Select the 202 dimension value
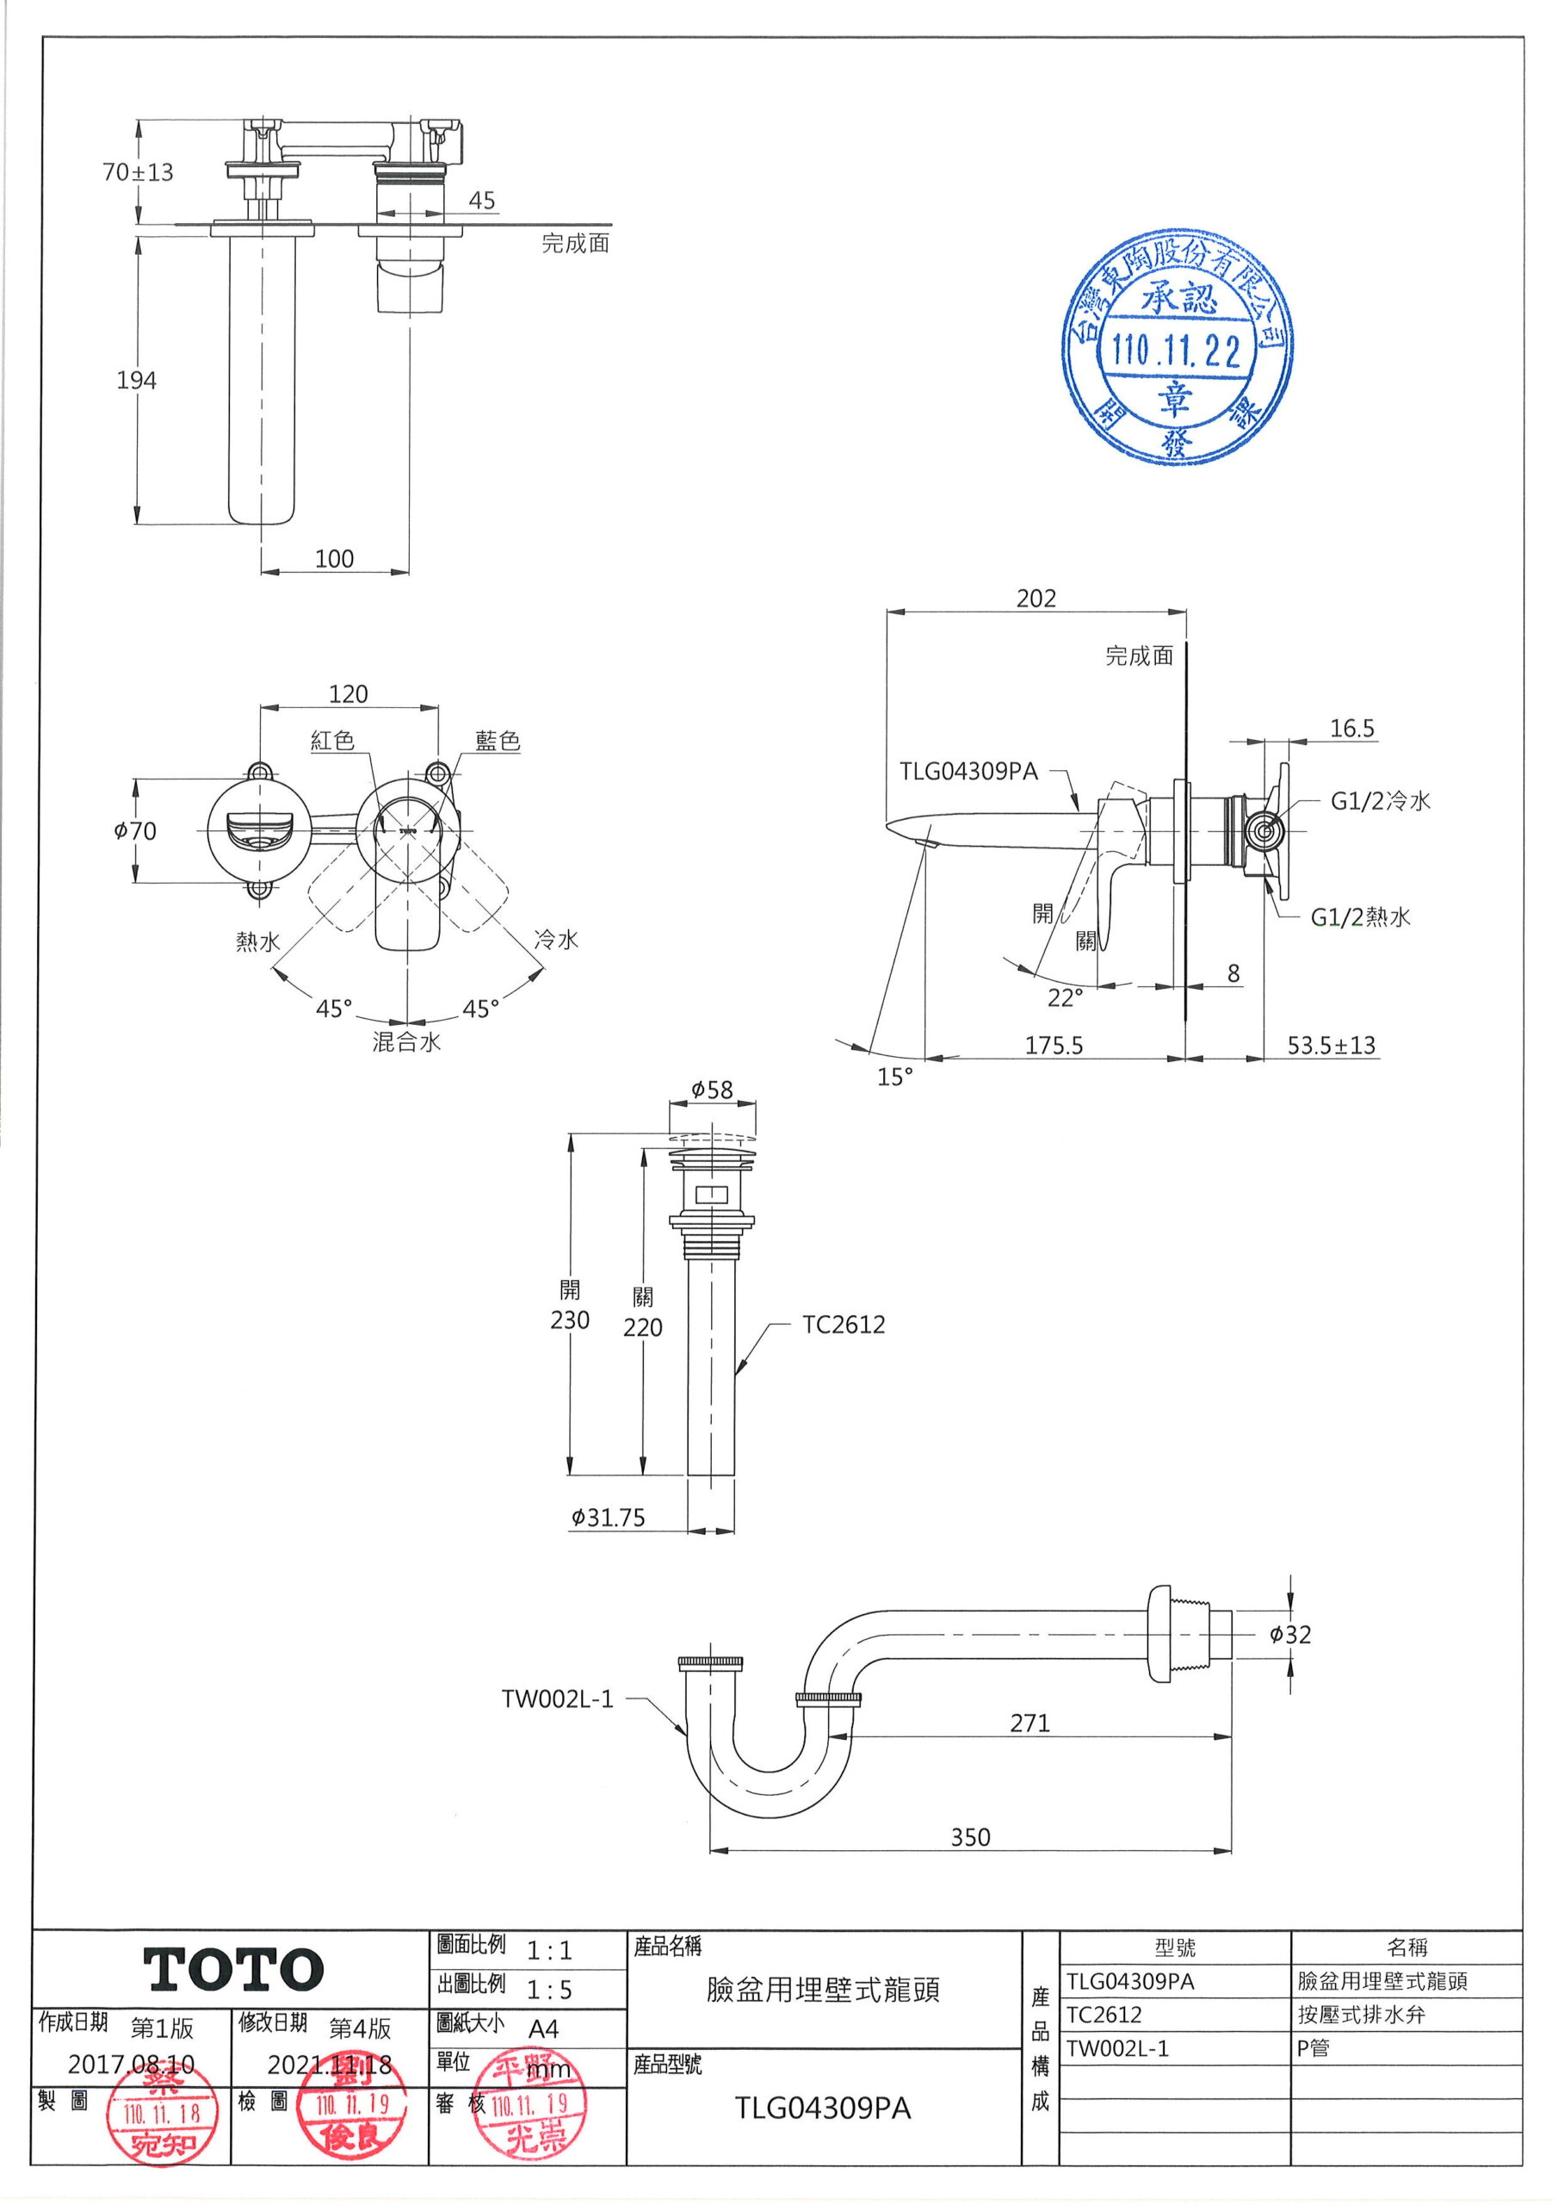coord(1036,599)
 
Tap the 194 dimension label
coord(136,381)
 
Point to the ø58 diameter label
coord(711,1090)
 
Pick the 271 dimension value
coord(1029,1723)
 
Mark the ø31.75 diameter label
coord(609,1519)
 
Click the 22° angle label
coord(1065,997)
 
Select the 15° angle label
coord(894,1077)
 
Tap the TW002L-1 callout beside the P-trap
coord(557,1699)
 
